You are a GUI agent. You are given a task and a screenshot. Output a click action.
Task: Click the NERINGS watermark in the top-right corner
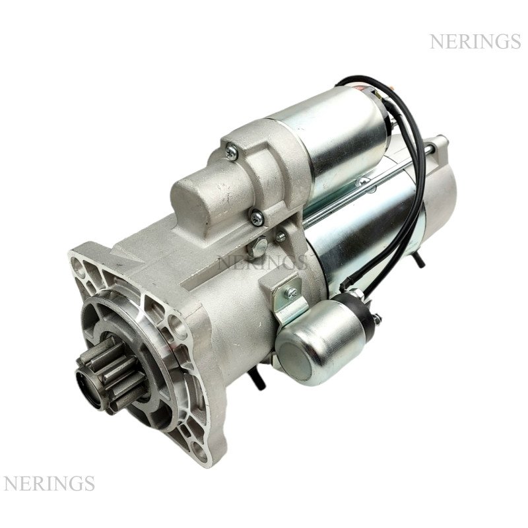pyautogui.click(x=475, y=42)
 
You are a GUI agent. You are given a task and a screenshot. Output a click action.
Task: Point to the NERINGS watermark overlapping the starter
pyautogui.click(x=263, y=262)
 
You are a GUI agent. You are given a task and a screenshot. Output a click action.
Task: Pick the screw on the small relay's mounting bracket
pyautogui.click(x=290, y=293)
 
